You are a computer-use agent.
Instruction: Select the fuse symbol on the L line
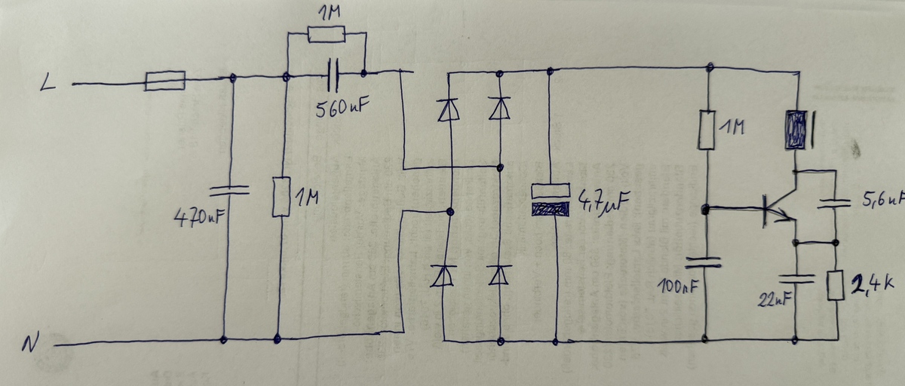165,81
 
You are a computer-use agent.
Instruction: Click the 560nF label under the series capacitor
342,108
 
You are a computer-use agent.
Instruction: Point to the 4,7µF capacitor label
603,201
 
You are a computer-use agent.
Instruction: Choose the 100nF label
677,286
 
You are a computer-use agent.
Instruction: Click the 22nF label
774,299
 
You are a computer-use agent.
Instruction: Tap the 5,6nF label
883,198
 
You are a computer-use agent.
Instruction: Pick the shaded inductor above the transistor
796,130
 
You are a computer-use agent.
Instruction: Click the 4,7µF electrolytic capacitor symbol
551,200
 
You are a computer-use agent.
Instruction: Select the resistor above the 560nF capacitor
327,35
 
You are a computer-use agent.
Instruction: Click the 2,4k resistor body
835,285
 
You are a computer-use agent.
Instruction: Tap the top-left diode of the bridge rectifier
448,109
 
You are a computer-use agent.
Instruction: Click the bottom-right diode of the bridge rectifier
499,275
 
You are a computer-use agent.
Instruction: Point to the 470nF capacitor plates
229,191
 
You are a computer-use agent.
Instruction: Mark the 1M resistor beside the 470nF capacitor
281,197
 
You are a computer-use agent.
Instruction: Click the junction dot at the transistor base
705,210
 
